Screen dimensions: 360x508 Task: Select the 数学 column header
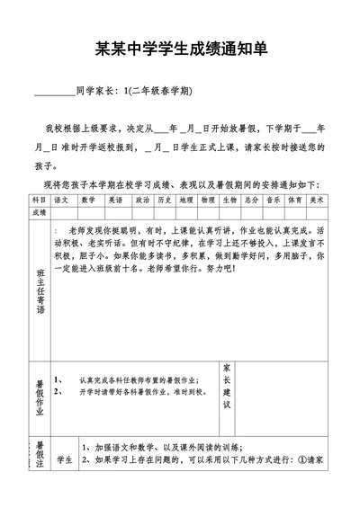(x=88, y=200)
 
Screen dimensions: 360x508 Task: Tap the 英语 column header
(x=115, y=200)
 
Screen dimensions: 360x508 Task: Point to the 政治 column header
(x=142, y=200)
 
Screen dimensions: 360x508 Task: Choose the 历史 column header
(x=164, y=200)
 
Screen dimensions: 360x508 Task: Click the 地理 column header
(x=186, y=200)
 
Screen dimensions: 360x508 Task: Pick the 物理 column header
(x=208, y=200)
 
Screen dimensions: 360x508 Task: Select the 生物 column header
(x=230, y=200)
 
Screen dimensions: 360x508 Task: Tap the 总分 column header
(x=252, y=200)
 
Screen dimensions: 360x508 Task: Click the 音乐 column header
(x=274, y=200)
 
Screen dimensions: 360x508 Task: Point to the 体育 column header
(x=295, y=200)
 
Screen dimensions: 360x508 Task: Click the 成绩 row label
(x=39, y=213)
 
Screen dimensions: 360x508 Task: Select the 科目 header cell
(x=39, y=200)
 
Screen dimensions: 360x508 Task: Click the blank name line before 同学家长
(x=53, y=92)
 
